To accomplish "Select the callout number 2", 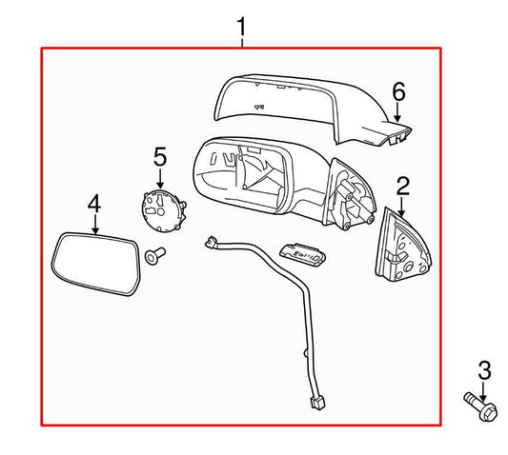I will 402,185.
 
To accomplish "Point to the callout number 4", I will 93,204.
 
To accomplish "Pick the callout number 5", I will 159,155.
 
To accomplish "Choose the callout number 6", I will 398,91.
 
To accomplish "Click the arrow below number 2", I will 402,204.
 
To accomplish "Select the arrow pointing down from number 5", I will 159,176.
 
